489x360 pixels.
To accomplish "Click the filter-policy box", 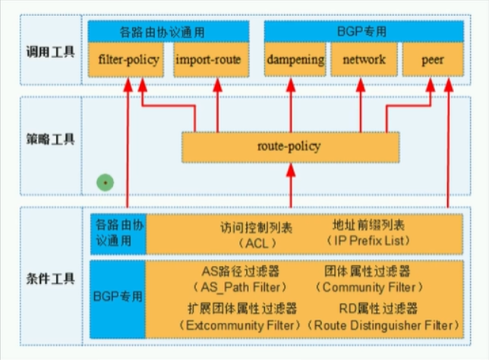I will tap(129, 60).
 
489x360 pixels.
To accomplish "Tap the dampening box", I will tap(295, 60).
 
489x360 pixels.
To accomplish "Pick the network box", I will tap(364, 60).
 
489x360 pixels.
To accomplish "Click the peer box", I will tap(432, 60).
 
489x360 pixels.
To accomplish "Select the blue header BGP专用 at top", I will tap(364, 32).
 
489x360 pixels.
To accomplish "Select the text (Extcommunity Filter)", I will tap(241, 324).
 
